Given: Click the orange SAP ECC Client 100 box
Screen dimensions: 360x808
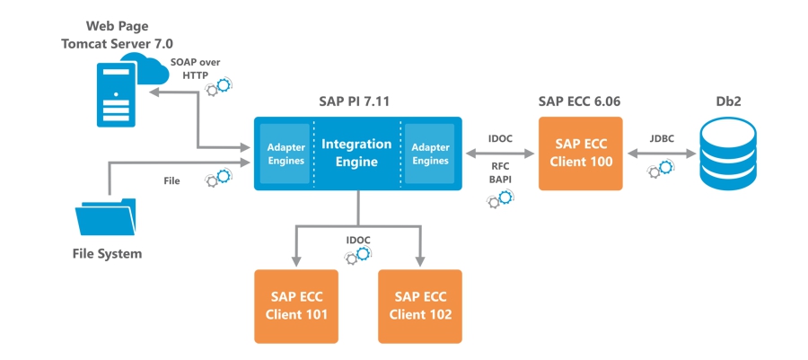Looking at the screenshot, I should coord(580,154).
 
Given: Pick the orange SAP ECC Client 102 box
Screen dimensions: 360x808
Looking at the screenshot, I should coord(420,306).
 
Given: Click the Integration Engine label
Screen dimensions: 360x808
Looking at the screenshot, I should coord(356,153).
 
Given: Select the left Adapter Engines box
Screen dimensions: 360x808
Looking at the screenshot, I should coord(286,154).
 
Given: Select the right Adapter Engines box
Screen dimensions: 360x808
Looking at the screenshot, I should coord(430,154).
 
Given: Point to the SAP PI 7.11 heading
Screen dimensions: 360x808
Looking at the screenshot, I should coord(356,101).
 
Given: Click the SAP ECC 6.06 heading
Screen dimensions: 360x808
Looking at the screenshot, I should coord(580,101).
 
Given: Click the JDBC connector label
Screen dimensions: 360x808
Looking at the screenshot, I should coord(662,138).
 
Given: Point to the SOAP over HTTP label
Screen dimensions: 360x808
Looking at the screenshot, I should coord(195,68).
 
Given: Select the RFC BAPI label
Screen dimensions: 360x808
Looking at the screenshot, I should coord(500,173).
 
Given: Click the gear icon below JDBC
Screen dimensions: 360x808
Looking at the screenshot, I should coord(662,168).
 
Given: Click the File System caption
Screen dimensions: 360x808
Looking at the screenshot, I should coord(107,254).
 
